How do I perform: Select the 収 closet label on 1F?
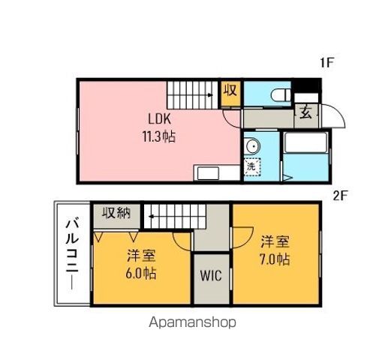click(230, 92)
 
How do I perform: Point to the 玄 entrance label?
click(307, 113)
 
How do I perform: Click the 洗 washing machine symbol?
click(252, 167)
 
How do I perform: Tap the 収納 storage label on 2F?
click(116, 213)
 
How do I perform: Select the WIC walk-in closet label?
click(210, 274)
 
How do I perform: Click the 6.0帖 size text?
click(140, 273)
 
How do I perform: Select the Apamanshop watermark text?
click(192, 323)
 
